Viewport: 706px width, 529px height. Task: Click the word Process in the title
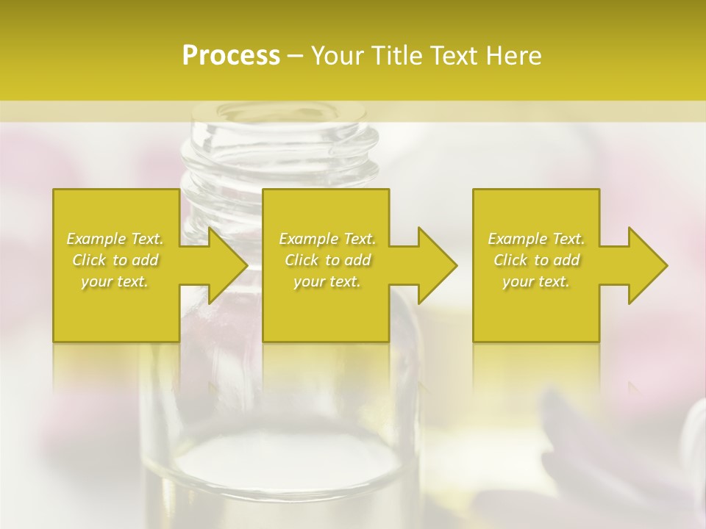click(x=231, y=56)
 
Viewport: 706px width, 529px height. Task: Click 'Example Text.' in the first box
click(x=115, y=239)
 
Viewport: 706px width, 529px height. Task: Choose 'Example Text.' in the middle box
click(x=327, y=239)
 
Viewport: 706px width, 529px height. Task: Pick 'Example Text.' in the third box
click(x=536, y=239)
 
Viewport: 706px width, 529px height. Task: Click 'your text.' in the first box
click(x=115, y=281)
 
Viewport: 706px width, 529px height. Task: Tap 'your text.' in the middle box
click(x=327, y=281)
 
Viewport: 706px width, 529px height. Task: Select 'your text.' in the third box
click(x=536, y=281)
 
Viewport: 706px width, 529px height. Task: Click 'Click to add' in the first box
click(x=115, y=260)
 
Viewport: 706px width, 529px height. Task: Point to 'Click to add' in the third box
click(x=536, y=260)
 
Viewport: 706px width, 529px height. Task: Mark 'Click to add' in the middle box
click(x=327, y=260)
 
